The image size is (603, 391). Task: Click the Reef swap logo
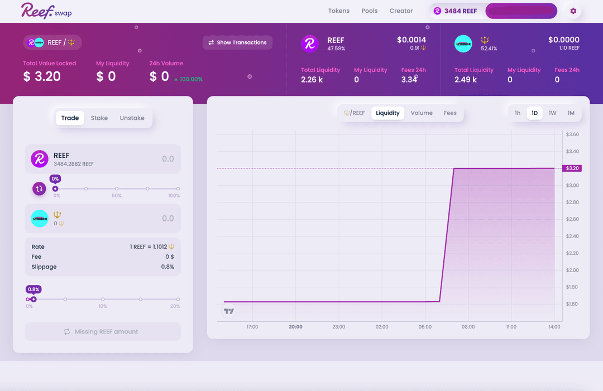[x=46, y=11]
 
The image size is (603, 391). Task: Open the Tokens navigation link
[x=338, y=11]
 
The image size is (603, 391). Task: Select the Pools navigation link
[x=370, y=11]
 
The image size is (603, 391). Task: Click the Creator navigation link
[x=401, y=11]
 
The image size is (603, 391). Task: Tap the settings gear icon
[x=573, y=11]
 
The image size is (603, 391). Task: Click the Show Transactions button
[x=237, y=42]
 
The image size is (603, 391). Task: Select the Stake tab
[x=99, y=118]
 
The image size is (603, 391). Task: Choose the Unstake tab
[x=132, y=118]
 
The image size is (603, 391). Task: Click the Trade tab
[x=70, y=118]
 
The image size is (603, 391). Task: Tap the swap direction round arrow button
[x=39, y=189]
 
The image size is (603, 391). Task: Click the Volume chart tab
[x=422, y=113]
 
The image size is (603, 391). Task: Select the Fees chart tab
[x=450, y=113]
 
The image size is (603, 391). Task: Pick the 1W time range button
[x=552, y=113]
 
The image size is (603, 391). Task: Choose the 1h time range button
[x=518, y=113]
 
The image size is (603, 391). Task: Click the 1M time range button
[x=571, y=113]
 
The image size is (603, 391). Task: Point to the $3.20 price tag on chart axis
[x=572, y=168]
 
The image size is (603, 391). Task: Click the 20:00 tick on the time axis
[x=295, y=327]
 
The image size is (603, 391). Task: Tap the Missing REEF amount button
[x=103, y=332]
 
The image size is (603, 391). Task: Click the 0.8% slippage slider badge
[x=33, y=289]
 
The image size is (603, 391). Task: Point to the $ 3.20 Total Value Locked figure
[x=42, y=77]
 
